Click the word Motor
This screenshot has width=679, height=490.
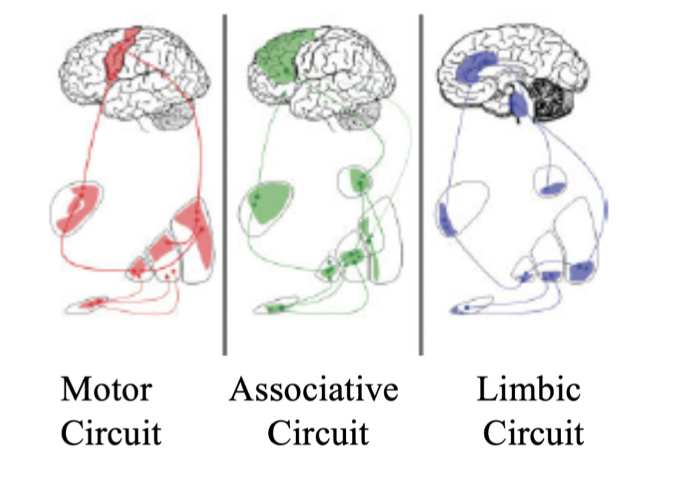point(105,388)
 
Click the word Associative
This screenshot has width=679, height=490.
point(313,388)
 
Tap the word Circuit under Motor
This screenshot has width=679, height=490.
point(111,433)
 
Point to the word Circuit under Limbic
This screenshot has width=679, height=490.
point(533,433)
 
